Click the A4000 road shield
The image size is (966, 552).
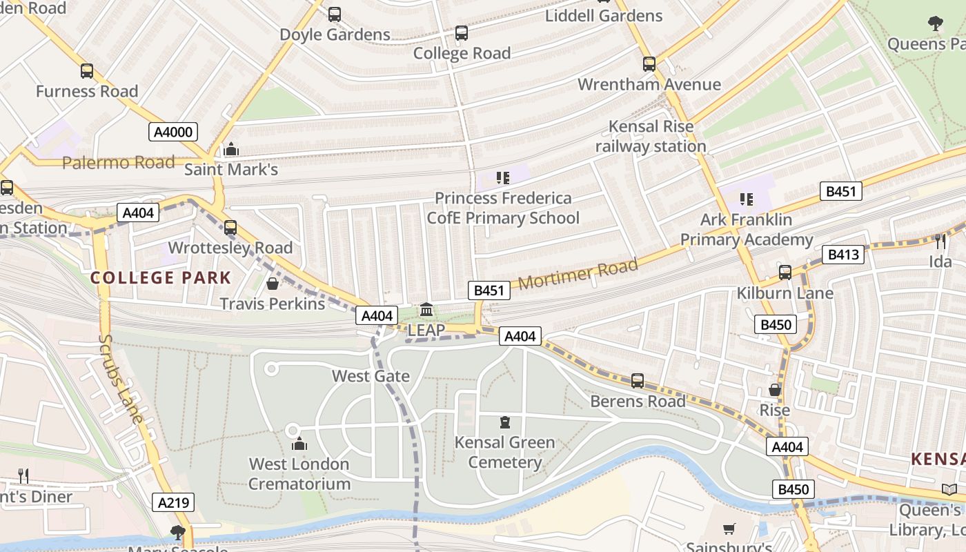point(173,132)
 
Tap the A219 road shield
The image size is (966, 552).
point(173,502)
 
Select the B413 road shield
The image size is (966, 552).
point(843,255)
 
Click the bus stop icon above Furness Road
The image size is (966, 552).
point(87,71)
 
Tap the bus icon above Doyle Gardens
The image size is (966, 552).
point(335,14)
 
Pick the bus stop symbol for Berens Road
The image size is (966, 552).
point(638,381)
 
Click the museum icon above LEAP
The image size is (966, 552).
point(426,309)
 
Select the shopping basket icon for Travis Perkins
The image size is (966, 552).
point(273,284)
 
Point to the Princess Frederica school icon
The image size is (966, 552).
point(502,178)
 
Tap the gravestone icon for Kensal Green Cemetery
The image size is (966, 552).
point(505,422)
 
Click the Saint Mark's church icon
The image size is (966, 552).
point(231,149)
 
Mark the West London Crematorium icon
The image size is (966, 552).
point(299,444)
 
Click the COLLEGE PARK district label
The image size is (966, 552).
point(161,278)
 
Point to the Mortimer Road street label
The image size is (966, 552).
point(578,275)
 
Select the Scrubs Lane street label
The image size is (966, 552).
point(121,379)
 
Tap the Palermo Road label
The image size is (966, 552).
point(118,163)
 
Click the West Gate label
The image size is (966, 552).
point(371,376)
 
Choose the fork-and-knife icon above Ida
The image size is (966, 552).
point(940,241)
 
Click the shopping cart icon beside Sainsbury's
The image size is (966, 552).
point(729,529)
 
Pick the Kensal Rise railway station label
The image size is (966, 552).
point(651,136)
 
